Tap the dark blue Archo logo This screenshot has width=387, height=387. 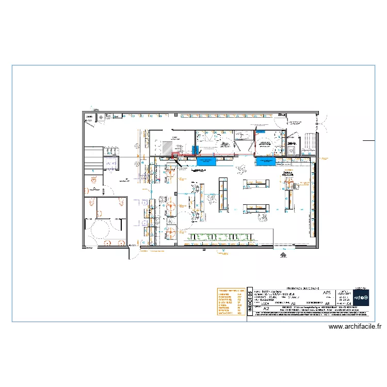(361, 297)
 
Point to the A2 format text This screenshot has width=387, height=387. (266, 309)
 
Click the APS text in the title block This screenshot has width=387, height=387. (327, 293)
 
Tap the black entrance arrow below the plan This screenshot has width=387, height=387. (283, 254)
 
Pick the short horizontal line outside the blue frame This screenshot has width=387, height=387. (368, 140)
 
